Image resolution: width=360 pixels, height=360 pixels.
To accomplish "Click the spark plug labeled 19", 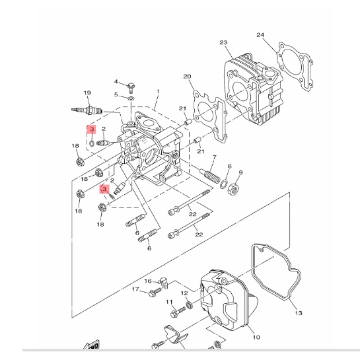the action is coord(87,110).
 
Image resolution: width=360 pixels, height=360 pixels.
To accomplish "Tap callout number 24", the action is coord(260,35).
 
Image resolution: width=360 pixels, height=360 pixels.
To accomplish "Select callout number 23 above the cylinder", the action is coord(223,42).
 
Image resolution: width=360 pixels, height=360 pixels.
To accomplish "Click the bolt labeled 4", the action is coord(131,87).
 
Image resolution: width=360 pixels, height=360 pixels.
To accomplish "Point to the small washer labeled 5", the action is coord(131,98).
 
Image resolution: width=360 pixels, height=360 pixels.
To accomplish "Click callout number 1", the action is coord(158,91).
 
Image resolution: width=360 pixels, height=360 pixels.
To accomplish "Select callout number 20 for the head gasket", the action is coord(187,76).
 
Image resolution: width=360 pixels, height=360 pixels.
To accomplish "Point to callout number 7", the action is coord(215,157).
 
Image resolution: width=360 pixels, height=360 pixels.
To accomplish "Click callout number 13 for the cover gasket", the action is coord(299,312).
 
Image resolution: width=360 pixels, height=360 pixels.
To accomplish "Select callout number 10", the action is coord(256,337).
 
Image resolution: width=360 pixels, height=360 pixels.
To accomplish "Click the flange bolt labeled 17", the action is coord(155,292).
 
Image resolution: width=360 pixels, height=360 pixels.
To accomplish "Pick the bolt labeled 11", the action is coord(178,312).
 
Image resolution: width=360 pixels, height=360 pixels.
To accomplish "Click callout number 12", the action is coord(184,293).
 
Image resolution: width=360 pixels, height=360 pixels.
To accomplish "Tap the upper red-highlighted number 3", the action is coord(92,129).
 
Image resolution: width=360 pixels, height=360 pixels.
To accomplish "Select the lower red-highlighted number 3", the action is coord(104,189).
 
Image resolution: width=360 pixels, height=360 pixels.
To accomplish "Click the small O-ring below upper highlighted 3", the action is coord(92,143).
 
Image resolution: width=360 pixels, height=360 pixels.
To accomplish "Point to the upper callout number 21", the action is coord(182,108).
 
